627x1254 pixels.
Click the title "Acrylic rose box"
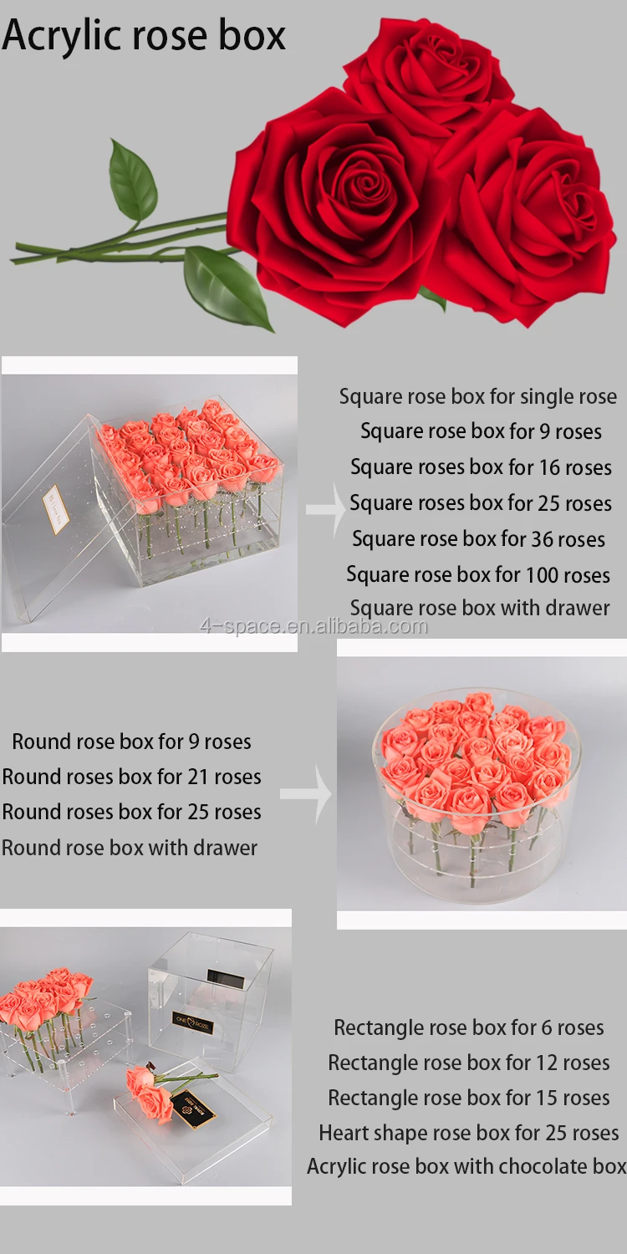click(x=144, y=36)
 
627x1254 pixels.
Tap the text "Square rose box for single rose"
click(x=477, y=396)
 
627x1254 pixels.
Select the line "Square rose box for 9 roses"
click(x=481, y=431)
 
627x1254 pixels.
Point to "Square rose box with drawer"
click(x=480, y=609)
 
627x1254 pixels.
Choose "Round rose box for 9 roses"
click(x=131, y=742)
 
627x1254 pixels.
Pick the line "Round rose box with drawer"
click(x=130, y=848)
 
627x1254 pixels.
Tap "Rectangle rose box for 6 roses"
click(x=468, y=1027)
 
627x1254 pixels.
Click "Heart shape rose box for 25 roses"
click(x=468, y=1133)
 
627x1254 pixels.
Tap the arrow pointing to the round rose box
click(x=305, y=795)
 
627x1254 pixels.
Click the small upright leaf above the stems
click(x=132, y=182)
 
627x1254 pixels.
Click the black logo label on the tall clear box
click(x=193, y=1022)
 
